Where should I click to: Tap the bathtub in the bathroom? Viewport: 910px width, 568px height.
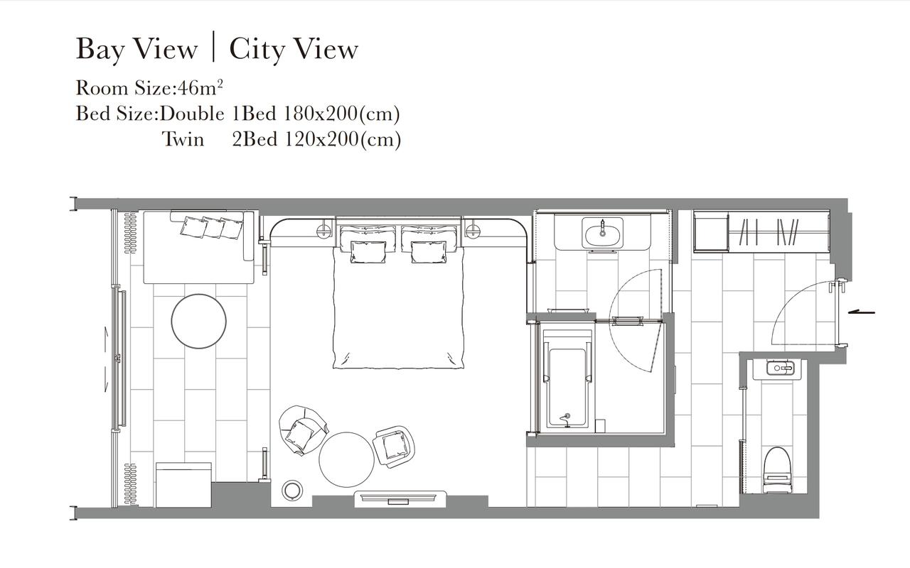click(x=567, y=378)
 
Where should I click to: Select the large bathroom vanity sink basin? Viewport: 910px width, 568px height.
click(x=602, y=232)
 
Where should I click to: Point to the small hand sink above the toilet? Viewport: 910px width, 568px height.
click(x=780, y=368)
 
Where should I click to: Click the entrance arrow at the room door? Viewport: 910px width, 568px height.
click(x=861, y=312)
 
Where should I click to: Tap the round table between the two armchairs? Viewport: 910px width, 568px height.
click(x=346, y=459)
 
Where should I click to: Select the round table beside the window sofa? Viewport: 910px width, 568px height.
click(x=198, y=321)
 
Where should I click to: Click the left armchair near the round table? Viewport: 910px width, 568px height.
click(x=303, y=430)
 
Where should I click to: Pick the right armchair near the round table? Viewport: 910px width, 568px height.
click(x=394, y=447)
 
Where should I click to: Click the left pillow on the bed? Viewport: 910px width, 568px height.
click(x=368, y=252)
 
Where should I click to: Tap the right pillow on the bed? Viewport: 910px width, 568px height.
click(x=429, y=252)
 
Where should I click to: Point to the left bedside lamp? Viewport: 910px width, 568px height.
click(x=323, y=230)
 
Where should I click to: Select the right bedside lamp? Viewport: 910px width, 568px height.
click(x=473, y=230)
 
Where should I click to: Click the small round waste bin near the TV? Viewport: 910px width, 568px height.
click(x=292, y=491)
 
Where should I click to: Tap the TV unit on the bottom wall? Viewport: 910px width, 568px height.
click(x=400, y=499)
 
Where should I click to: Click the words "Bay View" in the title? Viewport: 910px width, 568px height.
click(x=137, y=50)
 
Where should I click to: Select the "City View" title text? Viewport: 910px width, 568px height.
click(x=294, y=50)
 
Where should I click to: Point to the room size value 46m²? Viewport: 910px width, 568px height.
click(x=200, y=87)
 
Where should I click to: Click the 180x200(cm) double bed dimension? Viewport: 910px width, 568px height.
click(x=341, y=114)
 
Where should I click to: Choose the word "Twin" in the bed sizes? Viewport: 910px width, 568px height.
click(x=183, y=139)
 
